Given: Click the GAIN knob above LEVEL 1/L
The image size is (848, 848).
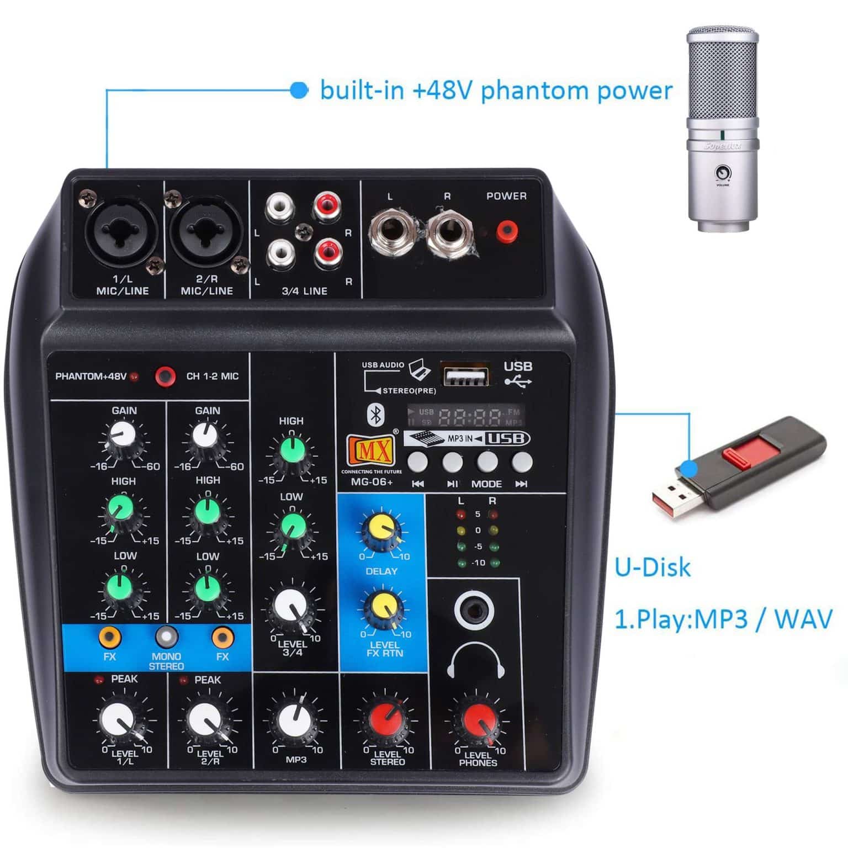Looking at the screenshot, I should [123, 436].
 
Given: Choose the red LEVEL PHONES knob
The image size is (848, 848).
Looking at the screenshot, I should [478, 720].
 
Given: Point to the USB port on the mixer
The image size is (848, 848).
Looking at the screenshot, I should [465, 375].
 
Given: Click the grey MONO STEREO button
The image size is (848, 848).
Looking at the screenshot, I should [166, 638].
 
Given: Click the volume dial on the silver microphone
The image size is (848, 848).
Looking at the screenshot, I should [722, 174].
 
